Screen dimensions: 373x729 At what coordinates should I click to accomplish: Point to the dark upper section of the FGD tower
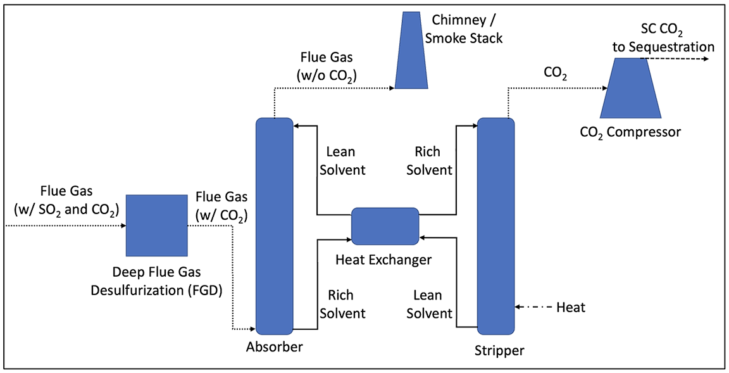[154, 149]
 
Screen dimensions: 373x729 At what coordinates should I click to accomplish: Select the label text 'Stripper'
[499, 351]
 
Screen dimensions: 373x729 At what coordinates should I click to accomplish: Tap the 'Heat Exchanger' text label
[384, 260]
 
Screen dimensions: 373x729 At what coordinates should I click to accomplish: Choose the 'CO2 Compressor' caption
[630, 133]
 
